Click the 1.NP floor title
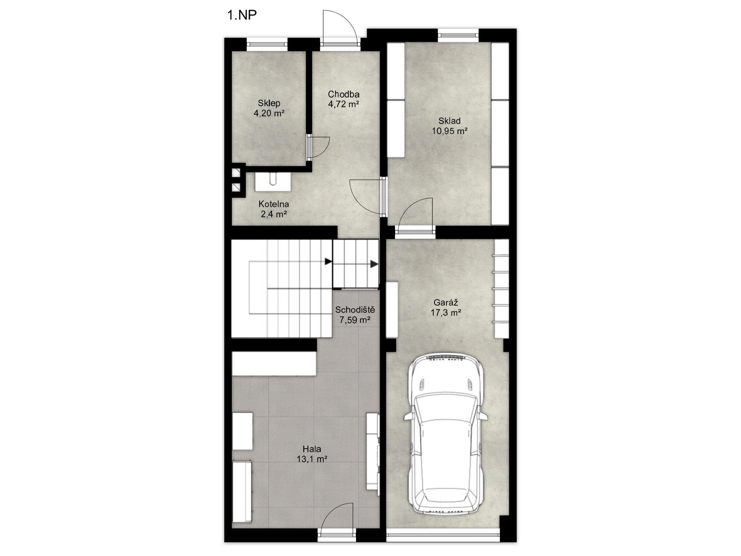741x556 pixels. pyautogui.click(x=242, y=15)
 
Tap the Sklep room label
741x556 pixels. pyautogui.click(x=269, y=108)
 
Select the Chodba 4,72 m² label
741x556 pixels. pyautogui.click(x=343, y=99)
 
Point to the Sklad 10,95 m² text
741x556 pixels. pyautogui.click(x=450, y=126)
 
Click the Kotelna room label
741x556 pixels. pyautogui.click(x=274, y=209)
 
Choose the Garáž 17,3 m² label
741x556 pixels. pyautogui.click(x=446, y=308)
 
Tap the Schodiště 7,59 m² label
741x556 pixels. pyautogui.click(x=355, y=315)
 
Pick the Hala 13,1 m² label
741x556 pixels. pyautogui.click(x=312, y=454)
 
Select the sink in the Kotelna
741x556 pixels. pyautogui.click(x=272, y=181)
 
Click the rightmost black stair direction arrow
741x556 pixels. pyautogui.click(x=374, y=264)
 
